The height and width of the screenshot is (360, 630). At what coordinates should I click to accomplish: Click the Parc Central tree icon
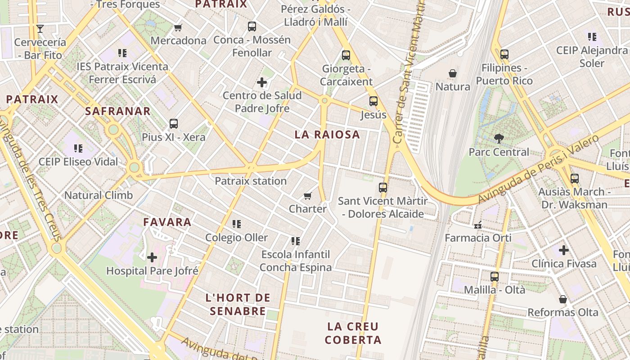click(499, 139)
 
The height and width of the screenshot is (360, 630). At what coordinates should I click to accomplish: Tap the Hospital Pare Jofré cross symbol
click(152, 257)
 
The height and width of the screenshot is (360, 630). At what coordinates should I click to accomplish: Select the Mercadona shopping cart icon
click(178, 28)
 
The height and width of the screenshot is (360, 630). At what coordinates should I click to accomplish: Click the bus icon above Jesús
click(373, 101)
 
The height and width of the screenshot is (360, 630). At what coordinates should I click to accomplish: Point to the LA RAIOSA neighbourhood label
click(327, 134)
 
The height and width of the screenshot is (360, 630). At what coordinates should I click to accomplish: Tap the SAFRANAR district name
click(118, 111)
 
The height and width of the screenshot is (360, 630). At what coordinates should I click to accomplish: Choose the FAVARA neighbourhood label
click(167, 222)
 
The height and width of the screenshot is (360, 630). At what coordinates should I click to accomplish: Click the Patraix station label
click(251, 181)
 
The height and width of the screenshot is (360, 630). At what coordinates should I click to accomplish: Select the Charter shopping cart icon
click(308, 196)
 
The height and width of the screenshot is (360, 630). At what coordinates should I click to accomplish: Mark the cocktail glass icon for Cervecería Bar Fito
click(40, 29)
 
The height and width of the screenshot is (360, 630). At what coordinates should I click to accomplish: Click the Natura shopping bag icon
click(453, 73)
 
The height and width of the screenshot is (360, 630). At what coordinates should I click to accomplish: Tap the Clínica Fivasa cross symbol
click(564, 250)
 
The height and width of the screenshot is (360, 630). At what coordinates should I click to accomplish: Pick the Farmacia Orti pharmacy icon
click(478, 224)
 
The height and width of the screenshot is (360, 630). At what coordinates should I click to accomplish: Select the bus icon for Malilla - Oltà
click(495, 276)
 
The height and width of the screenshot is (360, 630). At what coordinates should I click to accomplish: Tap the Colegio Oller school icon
click(237, 224)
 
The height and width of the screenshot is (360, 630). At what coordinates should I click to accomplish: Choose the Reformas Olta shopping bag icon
click(562, 299)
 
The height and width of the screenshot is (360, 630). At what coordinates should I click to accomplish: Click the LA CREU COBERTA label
click(353, 333)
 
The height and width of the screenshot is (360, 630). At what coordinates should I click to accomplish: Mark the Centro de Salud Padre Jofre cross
click(262, 82)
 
